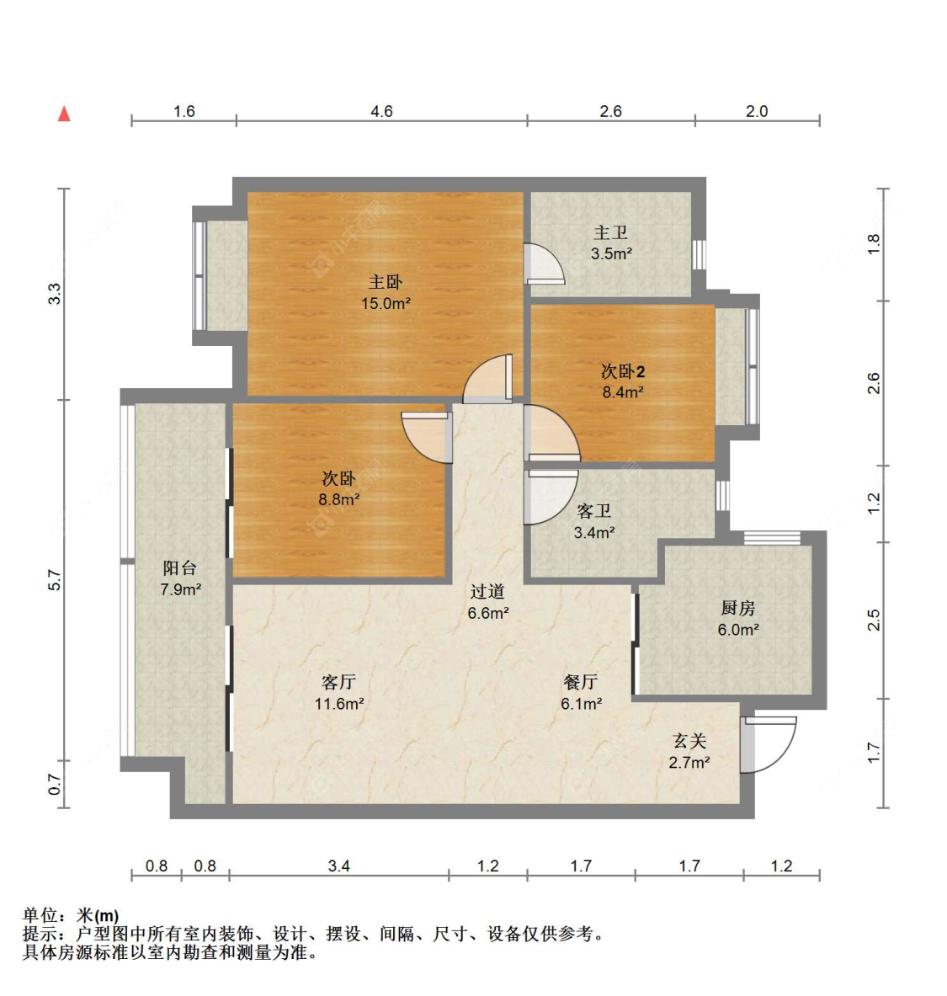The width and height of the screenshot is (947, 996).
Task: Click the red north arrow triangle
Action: pyautogui.click(x=64, y=114)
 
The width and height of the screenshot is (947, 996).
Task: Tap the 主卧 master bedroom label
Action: pyautogui.click(x=386, y=281)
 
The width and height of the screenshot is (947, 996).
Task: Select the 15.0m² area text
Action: pyautogui.click(x=386, y=303)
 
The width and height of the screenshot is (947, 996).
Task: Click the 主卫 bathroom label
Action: pyautogui.click(x=610, y=233)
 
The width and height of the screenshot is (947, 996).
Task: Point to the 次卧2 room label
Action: pyautogui.click(x=623, y=371)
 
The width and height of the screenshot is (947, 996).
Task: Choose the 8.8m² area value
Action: pyautogui.click(x=339, y=499)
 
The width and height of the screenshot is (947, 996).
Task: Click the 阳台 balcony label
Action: pyautogui.click(x=180, y=567)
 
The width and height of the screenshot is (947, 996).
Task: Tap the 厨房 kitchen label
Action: pyautogui.click(x=738, y=608)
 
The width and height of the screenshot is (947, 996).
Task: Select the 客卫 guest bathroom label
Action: pyautogui.click(x=593, y=511)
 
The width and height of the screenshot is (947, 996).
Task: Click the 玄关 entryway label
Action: pyautogui.click(x=689, y=741)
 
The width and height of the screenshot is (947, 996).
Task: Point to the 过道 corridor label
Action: pyautogui.click(x=487, y=591)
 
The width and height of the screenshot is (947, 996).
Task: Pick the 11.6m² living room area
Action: pyautogui.click(x=339, y=703)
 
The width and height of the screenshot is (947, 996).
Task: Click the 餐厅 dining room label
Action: pyautogui.click(x=581, y=682)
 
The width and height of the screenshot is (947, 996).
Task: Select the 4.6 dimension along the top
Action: pyautogui.click(x=381, y=111)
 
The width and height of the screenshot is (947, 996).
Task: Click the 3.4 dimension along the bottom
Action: pyautogui.click(x=338, y=866)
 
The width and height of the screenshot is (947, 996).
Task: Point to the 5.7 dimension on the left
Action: pyautogui.click(x=55, y=581)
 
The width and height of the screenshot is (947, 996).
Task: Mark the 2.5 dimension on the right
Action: pyautogui.click(x=874, y=620)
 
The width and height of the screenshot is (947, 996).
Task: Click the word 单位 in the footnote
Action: pyautogui.click(x=40, y=915)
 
